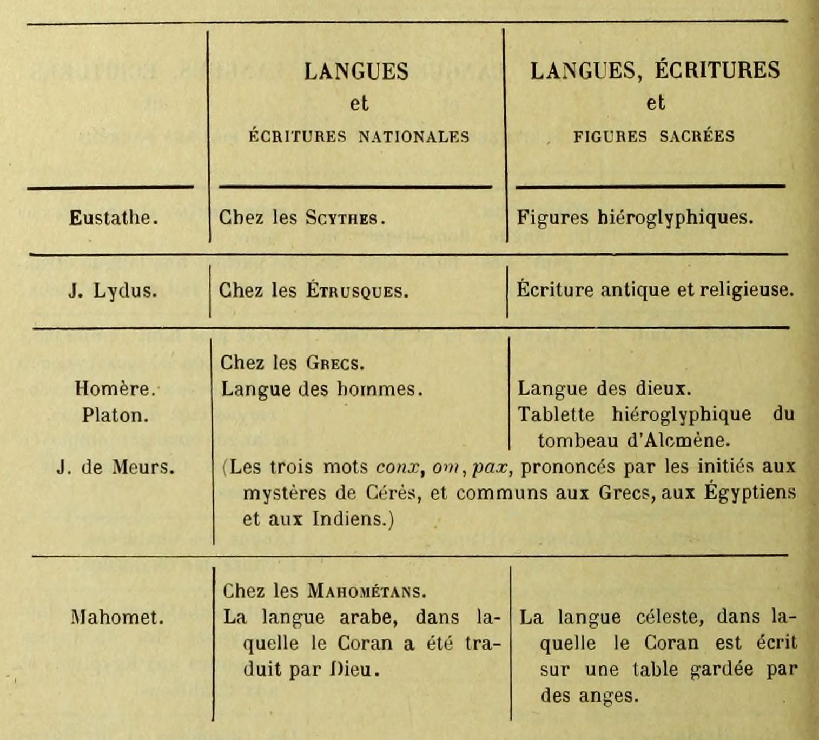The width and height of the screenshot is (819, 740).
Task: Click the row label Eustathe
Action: [114, 218]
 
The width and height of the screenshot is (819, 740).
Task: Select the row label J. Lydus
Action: [113, 291]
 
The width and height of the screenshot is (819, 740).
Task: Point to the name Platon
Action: [115, 415]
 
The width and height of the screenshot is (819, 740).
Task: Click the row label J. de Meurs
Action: [115, 467]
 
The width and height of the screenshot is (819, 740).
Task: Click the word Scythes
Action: [345, 218]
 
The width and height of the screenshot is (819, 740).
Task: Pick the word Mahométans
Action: [366, 591]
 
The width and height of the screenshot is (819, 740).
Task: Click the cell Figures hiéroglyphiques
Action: [635, 217]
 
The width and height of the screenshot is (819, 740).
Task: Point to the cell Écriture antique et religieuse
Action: [655, 290]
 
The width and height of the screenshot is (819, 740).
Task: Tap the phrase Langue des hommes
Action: [321, 389]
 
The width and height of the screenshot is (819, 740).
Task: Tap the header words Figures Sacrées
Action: [654, 136]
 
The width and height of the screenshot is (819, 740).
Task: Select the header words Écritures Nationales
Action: [359, 136]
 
